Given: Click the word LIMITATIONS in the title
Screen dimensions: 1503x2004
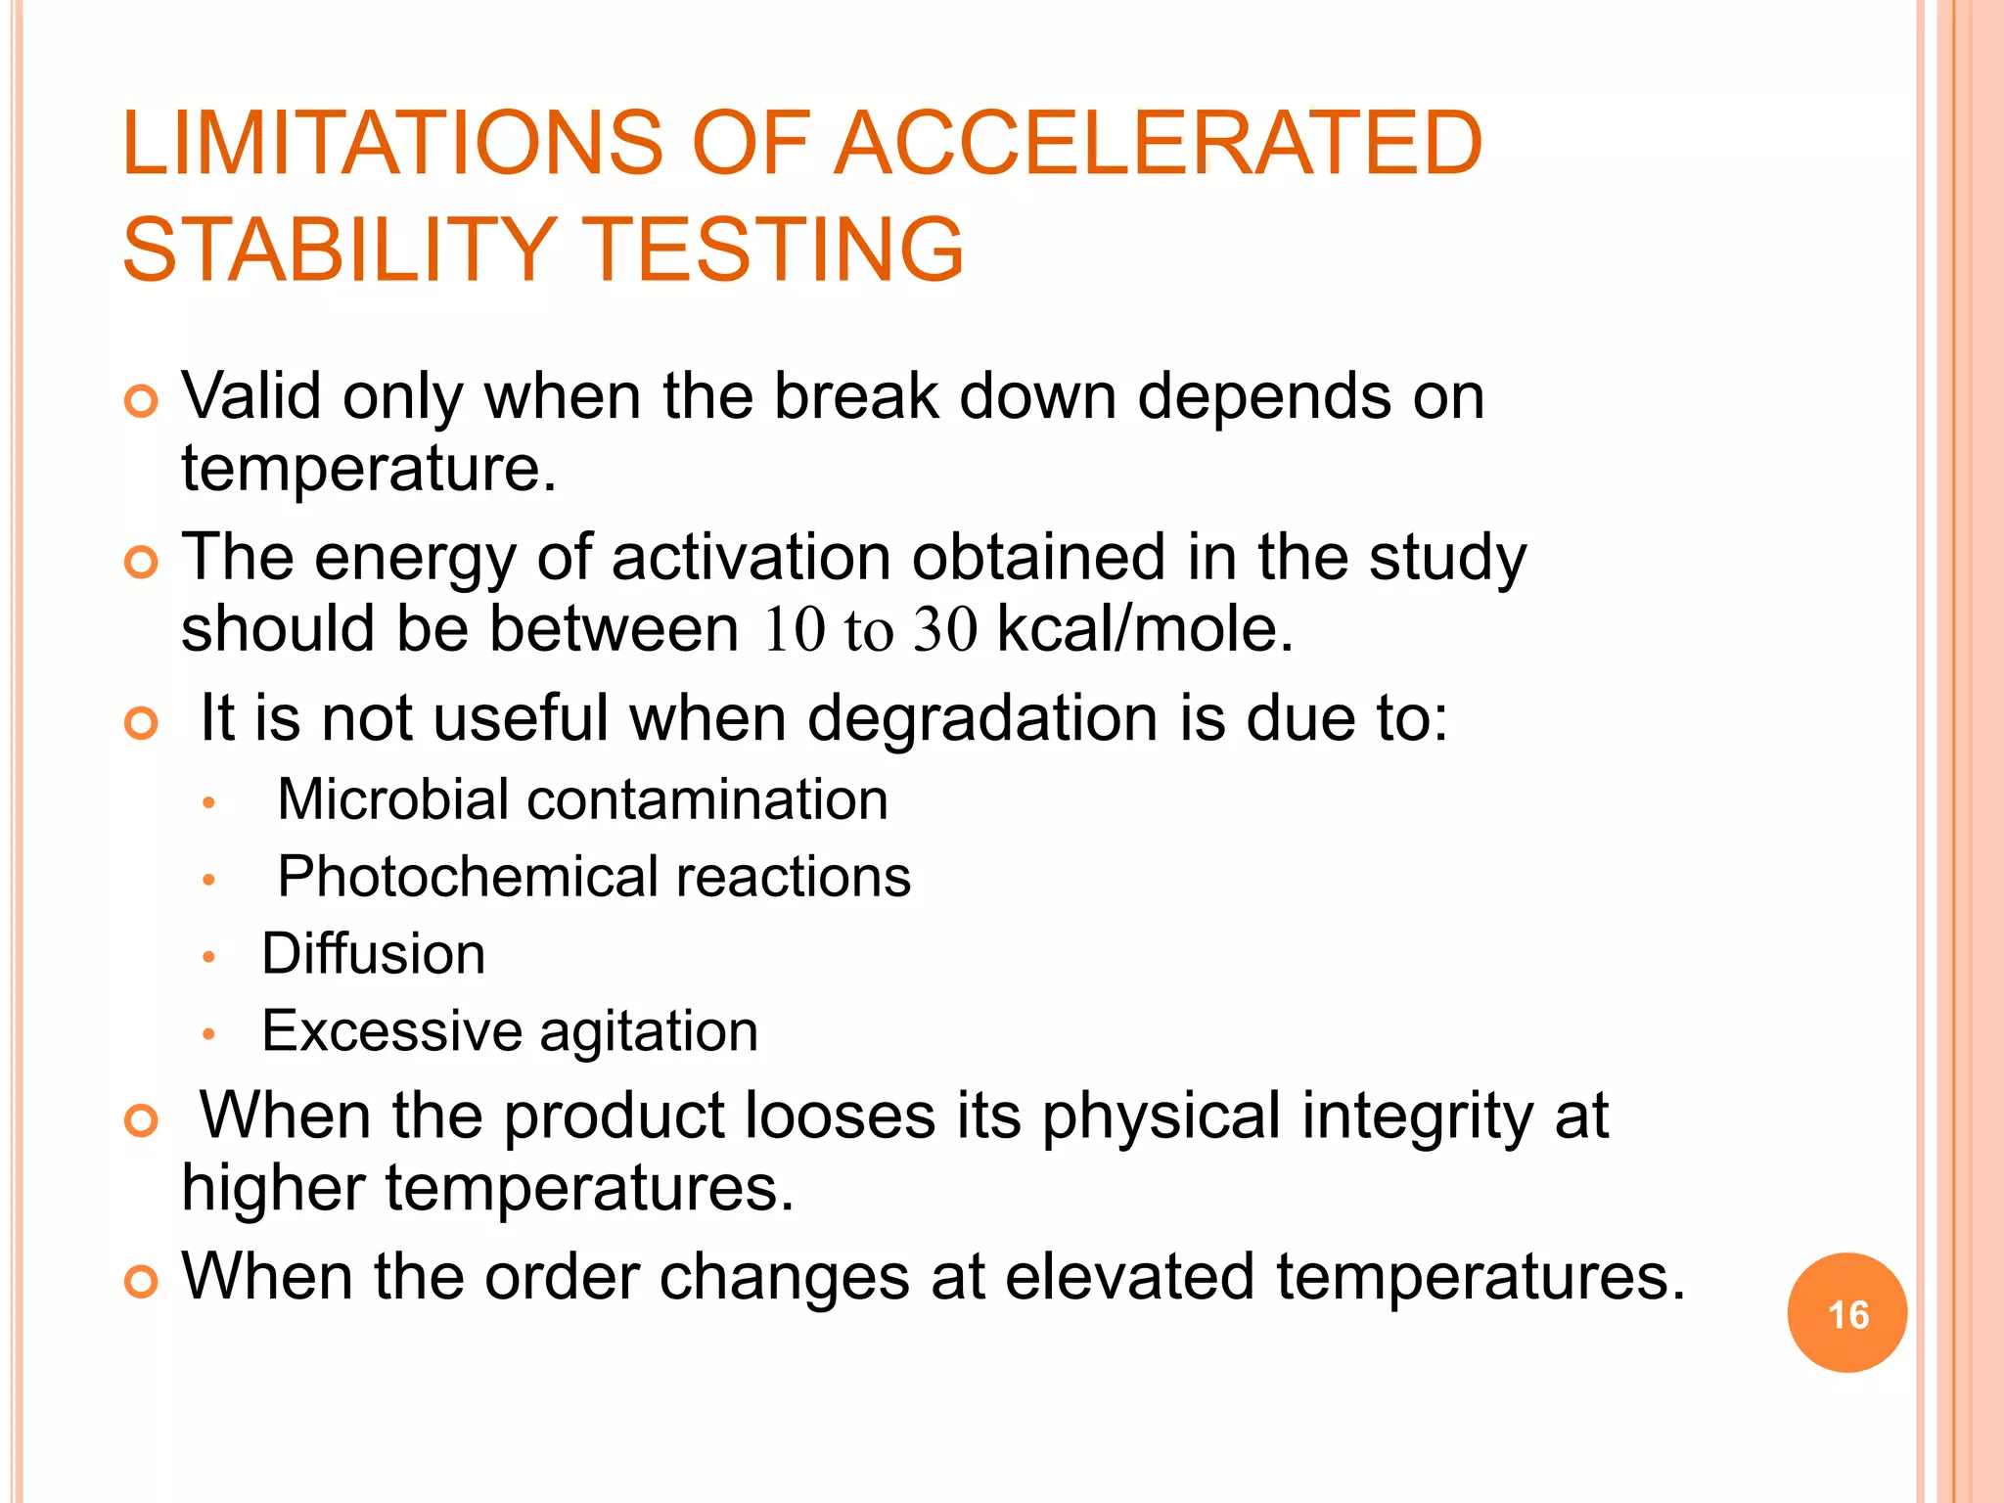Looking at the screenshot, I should pos(392,144).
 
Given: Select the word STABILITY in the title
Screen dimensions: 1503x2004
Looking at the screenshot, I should pos(339,250).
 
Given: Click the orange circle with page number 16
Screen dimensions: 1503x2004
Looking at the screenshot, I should pos(1846,1313).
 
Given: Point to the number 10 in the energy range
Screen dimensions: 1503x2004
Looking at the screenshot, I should pos(795,629).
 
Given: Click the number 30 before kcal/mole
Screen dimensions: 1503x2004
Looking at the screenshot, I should pos(945,629).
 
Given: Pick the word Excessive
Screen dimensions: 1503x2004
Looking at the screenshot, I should pos(391,1031).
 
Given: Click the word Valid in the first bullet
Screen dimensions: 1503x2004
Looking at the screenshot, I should pos(251,396).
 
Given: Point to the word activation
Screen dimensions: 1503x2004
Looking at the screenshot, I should pos(751,558).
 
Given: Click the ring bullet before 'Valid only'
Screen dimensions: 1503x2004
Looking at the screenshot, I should pos(142,401).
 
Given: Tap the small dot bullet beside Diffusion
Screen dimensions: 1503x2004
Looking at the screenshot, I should pos(207,957).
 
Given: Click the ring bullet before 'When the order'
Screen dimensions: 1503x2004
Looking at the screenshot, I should pos(142,1282).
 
